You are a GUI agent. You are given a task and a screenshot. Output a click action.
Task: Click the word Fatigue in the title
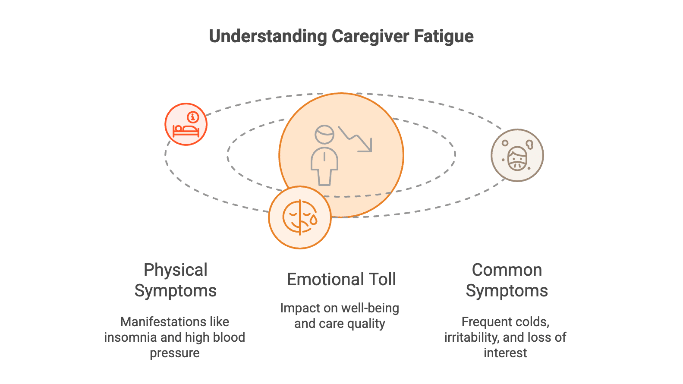(443, 37)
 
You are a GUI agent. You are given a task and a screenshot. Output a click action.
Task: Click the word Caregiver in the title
(370, 37)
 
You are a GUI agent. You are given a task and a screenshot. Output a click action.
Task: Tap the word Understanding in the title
(268, 37)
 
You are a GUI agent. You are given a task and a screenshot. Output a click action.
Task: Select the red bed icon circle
(186, 124)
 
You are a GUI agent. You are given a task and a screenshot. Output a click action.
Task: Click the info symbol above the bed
(193, 117)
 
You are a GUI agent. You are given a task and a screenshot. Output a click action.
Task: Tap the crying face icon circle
(300, 217)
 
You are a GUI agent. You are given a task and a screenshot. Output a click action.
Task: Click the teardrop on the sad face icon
(313, 220)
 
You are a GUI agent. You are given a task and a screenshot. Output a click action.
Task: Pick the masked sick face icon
(517, 156)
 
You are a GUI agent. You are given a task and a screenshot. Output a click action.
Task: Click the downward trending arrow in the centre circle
(356, 138)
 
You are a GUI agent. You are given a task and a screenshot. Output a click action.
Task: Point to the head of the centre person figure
(324, 134)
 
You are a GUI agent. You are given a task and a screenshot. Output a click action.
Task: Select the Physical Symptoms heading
(175, 280)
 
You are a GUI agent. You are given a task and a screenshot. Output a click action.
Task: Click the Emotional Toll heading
(341, 279)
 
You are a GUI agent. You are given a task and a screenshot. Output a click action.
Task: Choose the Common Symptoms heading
(507, 280)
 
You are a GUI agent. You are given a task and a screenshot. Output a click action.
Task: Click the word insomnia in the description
(131, 337)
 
